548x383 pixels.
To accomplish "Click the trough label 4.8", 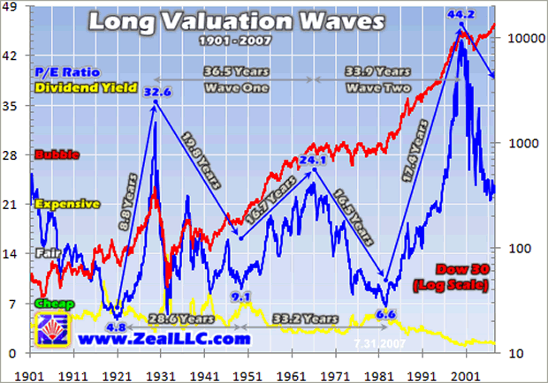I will click(115, 327).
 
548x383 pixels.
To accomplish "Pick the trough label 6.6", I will click(384, 313).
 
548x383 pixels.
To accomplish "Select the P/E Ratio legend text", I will click(65, 71).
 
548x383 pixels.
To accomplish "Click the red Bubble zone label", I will click(54, 154).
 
